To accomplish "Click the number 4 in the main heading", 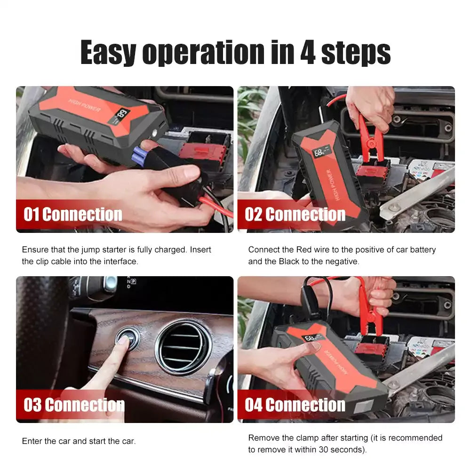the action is point(308,52).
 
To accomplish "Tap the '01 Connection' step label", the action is point(73,215).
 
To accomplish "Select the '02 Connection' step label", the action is point(295,215).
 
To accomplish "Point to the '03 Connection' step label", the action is point(74,405).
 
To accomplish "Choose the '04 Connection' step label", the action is point(295,405).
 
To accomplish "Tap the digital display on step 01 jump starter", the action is point(122,116).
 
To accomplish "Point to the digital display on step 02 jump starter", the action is point(321,152).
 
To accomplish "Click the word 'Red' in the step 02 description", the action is point(303,250).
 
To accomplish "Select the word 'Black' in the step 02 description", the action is point(289,261).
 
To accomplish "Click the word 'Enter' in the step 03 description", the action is point(32,441).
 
